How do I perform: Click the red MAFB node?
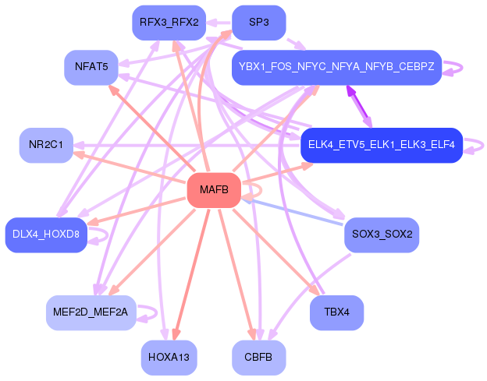coord(213,190)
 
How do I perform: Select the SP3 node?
coord(258,23)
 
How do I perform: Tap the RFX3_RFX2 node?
coord(169,23)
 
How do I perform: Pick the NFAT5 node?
coord(91,67)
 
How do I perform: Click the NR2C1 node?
coord(45,145)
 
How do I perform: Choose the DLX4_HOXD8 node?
coord(45,235)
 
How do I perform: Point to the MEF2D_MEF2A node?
coord(91,312)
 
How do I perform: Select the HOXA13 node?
coord(169,358)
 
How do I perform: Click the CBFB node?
coord(258,358)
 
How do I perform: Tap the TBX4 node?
coord(336,312)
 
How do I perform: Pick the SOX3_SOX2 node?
coord(382,235)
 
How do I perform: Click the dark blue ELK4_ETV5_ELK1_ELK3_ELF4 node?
coord(382,145)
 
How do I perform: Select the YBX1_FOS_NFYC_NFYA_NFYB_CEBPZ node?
coord(336,67)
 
